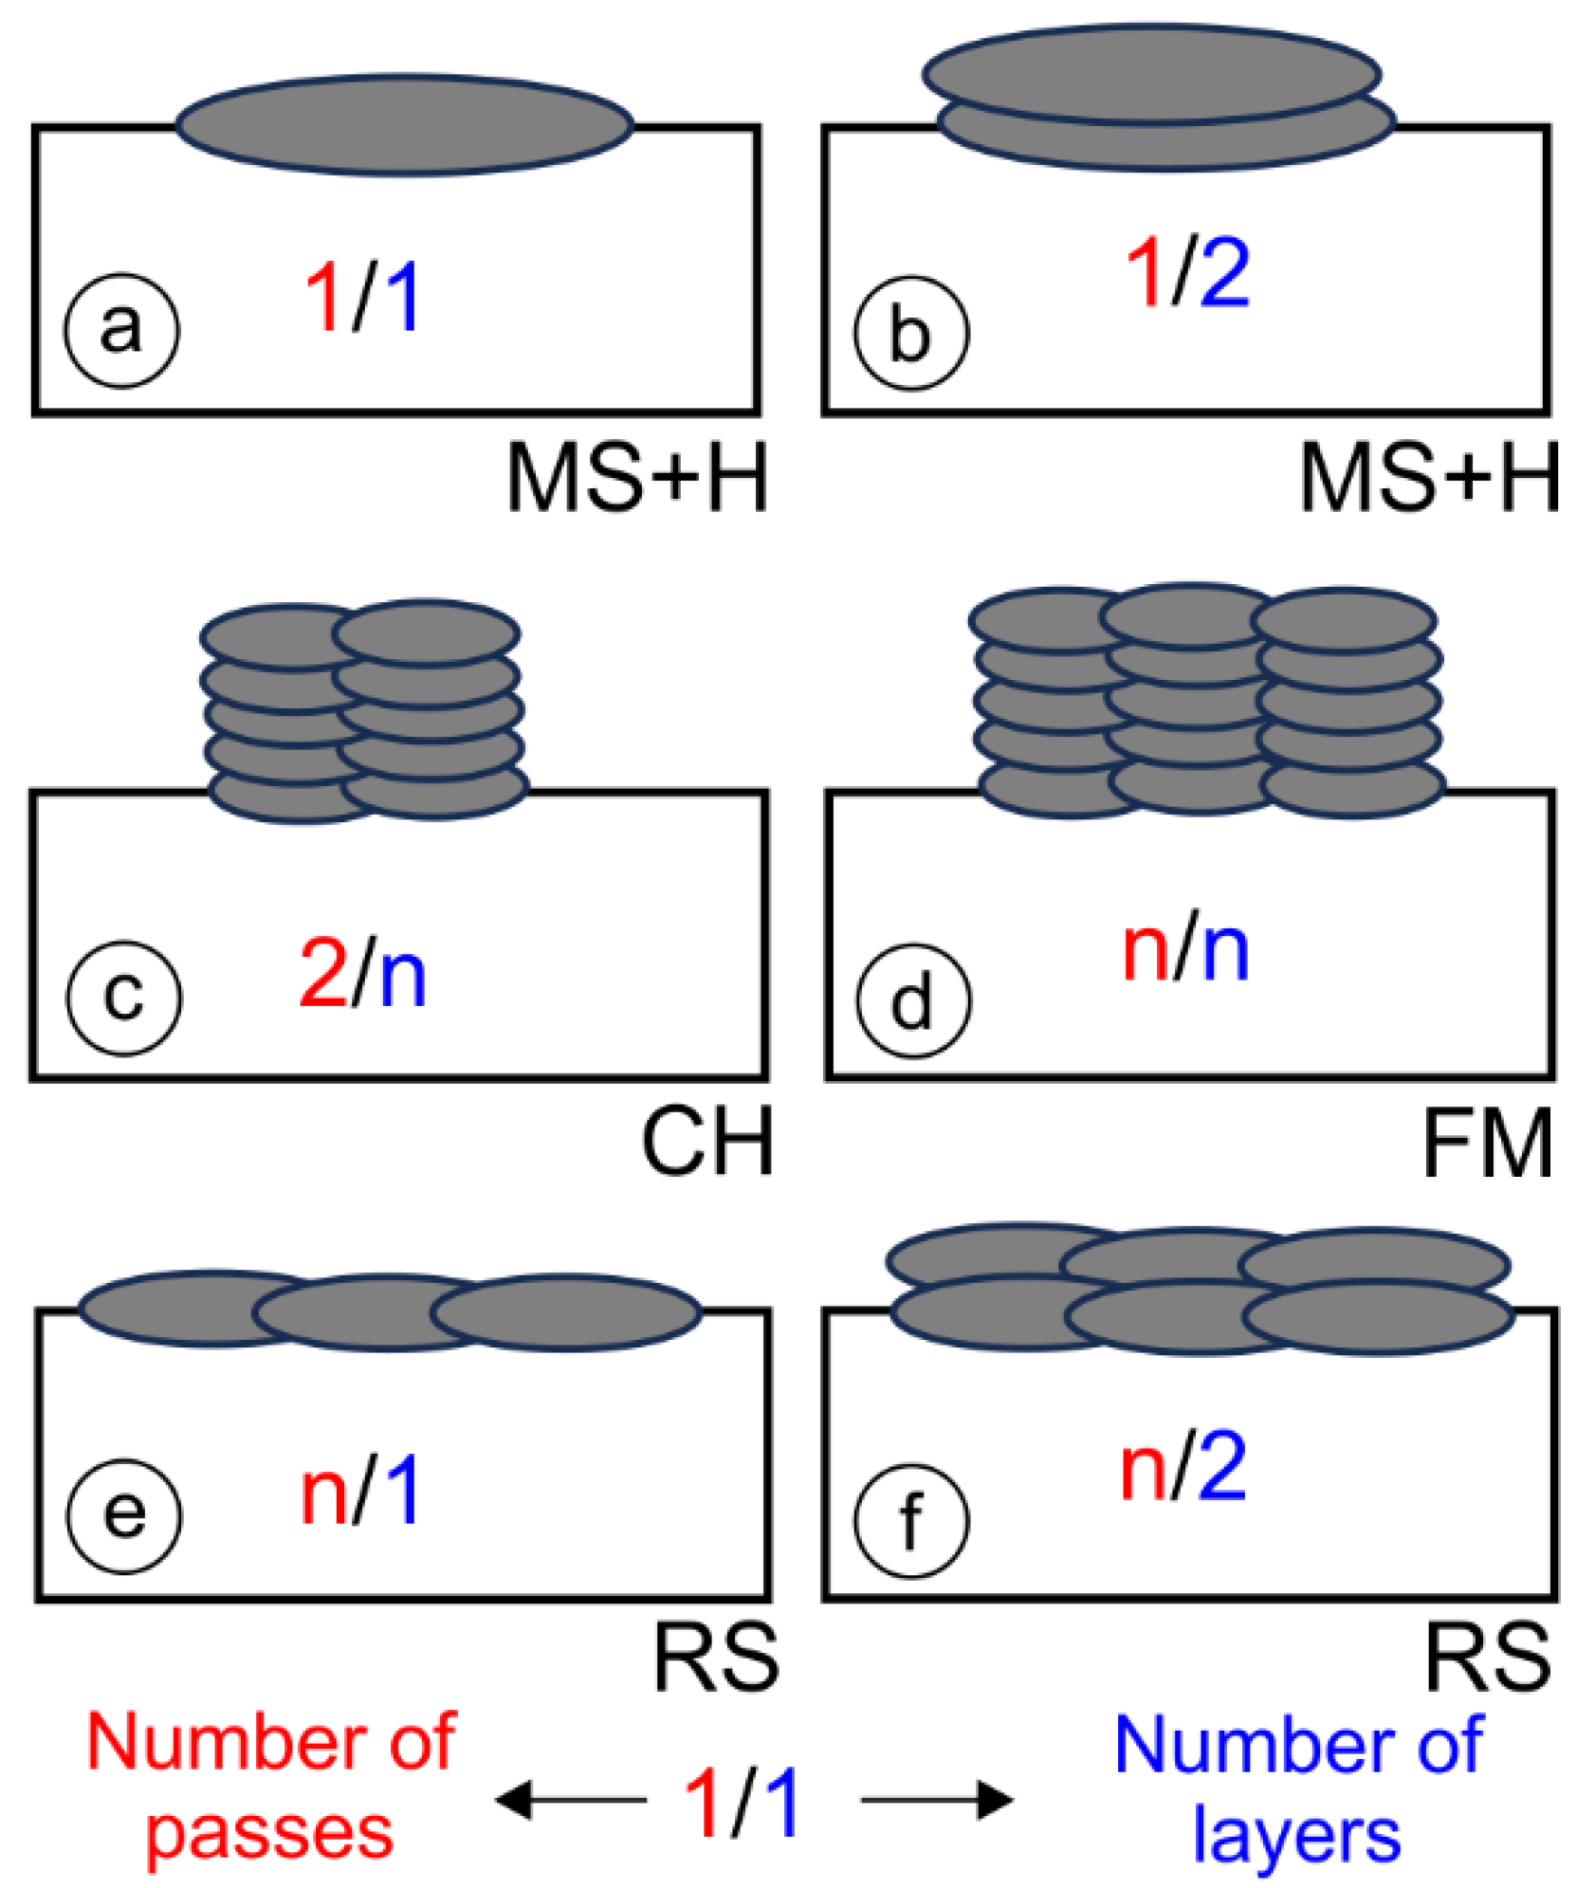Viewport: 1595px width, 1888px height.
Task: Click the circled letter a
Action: point(121,330)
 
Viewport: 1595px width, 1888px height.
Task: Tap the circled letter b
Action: point(910,333)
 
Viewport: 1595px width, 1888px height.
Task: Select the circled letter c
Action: point(123,997)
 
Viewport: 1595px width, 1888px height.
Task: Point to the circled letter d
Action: point(912,1000)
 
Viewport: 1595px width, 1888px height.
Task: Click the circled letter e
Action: point(123,1515)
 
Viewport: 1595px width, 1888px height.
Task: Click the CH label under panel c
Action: point(706,1142)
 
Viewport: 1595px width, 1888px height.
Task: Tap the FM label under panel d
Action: point(1485,1144)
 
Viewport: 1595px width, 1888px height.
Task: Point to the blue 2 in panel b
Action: point(1223,273)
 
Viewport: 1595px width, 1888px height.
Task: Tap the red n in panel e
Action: point(323,1494)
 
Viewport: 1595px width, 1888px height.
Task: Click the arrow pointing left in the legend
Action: point(569,1799)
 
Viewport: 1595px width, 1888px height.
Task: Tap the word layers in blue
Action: point(1295,1833)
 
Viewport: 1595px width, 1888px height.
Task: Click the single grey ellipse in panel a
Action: point(404,124)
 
